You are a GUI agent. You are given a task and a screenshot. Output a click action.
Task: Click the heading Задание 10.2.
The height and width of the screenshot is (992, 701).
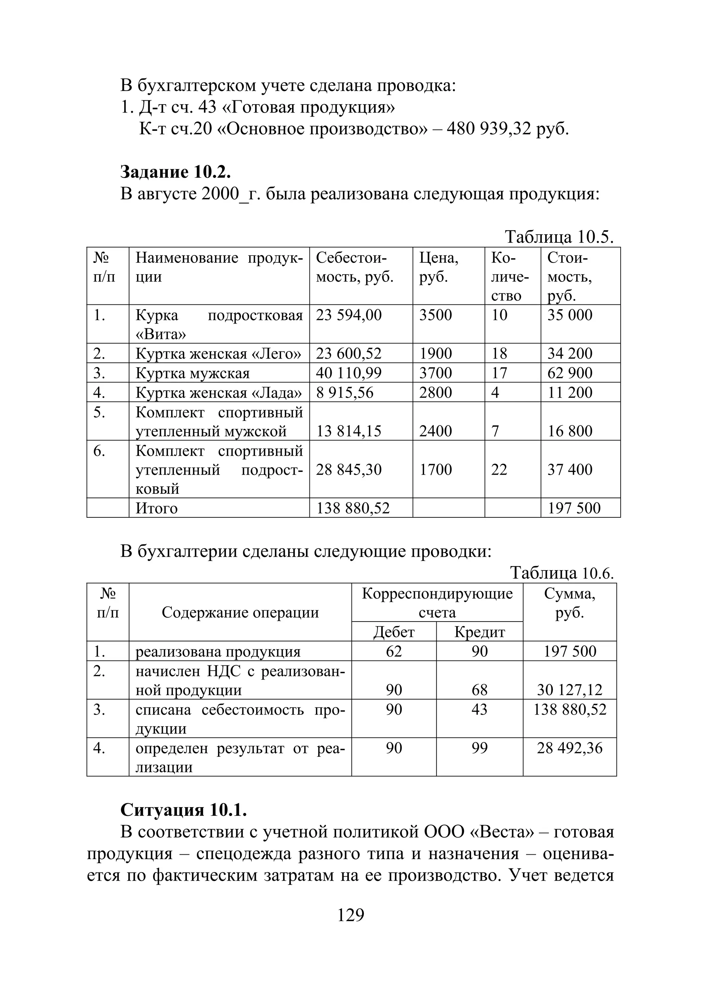click(175, 172)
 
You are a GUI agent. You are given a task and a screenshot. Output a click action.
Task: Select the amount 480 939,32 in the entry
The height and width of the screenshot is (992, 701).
click(488, 129)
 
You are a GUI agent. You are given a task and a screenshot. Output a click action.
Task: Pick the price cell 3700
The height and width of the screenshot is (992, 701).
click(435, 373)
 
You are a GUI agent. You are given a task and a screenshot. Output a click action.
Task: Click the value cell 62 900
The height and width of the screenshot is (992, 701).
click(570, 373)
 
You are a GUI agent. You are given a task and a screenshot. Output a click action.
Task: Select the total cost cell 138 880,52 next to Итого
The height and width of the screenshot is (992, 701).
click(353, 508)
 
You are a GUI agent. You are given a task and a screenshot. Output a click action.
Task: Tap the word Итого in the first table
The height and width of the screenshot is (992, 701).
click(156, 508)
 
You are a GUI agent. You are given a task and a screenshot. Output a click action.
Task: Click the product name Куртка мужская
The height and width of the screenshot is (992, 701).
click(193, 373)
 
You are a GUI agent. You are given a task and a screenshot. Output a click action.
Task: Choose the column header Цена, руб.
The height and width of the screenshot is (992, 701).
click(438, 267)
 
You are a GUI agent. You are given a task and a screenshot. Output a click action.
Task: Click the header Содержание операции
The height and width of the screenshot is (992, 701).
click(240, 612)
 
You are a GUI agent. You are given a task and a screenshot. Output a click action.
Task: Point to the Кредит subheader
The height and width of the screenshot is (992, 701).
click(480, 632)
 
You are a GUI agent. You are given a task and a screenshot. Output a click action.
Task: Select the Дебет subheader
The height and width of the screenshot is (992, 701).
click(394, 632)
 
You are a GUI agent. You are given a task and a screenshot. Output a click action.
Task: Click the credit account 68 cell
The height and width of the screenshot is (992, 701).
click(480, 690)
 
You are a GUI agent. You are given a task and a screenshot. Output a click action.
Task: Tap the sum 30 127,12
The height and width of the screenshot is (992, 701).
click(569, 690)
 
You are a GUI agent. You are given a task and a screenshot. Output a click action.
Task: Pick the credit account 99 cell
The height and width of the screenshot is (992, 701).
click(480, 748)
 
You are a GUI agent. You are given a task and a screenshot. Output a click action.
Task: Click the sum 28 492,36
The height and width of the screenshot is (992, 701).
click(569, 748)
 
